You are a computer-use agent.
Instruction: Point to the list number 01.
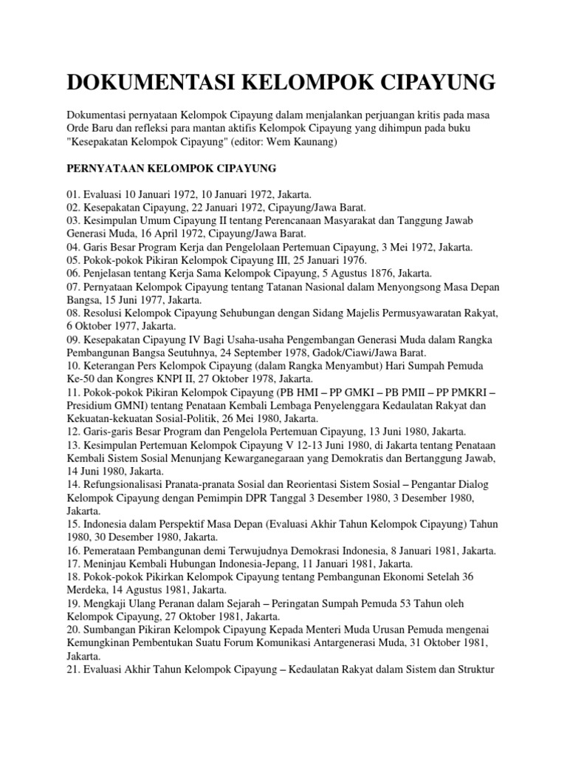[73, 194]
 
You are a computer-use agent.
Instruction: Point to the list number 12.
[73, 431]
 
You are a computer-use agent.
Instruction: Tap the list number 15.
[73, 523]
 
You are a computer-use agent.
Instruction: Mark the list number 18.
[73, 576]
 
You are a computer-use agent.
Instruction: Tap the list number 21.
[73, 668]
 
